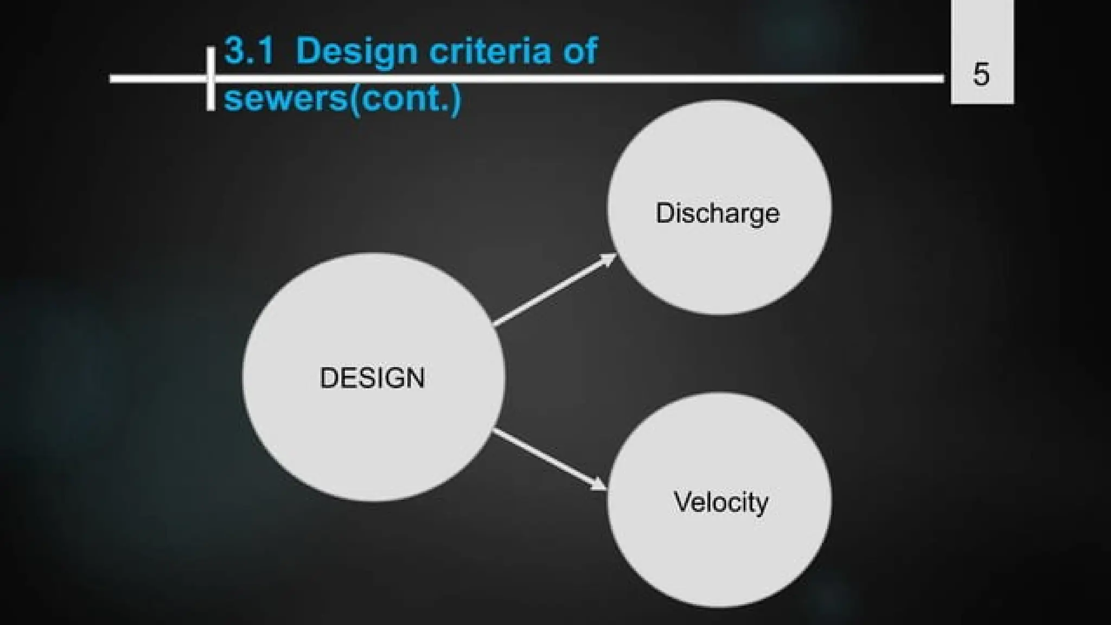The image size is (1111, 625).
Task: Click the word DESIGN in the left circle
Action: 372,378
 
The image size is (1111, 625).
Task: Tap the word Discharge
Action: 717,213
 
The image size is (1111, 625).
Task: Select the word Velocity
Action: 721,502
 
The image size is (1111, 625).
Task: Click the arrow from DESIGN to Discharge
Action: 553,290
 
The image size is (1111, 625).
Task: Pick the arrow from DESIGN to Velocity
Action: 548,459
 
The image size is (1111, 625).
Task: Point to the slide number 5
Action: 981,74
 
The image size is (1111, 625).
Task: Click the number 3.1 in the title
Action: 248,51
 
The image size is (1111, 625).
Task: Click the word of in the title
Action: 579,51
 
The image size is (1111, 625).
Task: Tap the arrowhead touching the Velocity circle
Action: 599,484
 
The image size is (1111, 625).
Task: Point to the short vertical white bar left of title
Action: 210,79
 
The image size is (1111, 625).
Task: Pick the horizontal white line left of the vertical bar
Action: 157,79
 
